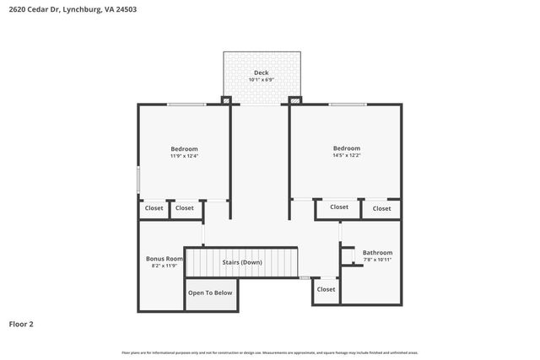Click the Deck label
pos(262,73)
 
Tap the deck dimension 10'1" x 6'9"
pos(262,80)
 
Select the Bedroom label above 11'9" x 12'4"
pos(184,149)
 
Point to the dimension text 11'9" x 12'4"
pos(184,156)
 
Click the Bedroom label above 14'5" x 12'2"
pos(346,148)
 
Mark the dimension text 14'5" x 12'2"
pos(346,155)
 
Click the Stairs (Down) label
pos(242,262)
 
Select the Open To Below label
pos(210,293)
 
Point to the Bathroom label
pos(377,253)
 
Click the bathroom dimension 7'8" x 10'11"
pos(377,260)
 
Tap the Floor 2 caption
pos(21,324)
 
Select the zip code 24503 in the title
pos(127,9)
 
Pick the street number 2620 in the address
pos(18,9)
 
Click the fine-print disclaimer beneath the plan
pos(270,352)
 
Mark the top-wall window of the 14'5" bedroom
pos(347,104)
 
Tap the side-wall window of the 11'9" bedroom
pos(138,181)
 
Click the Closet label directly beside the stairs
pos(326,289)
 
